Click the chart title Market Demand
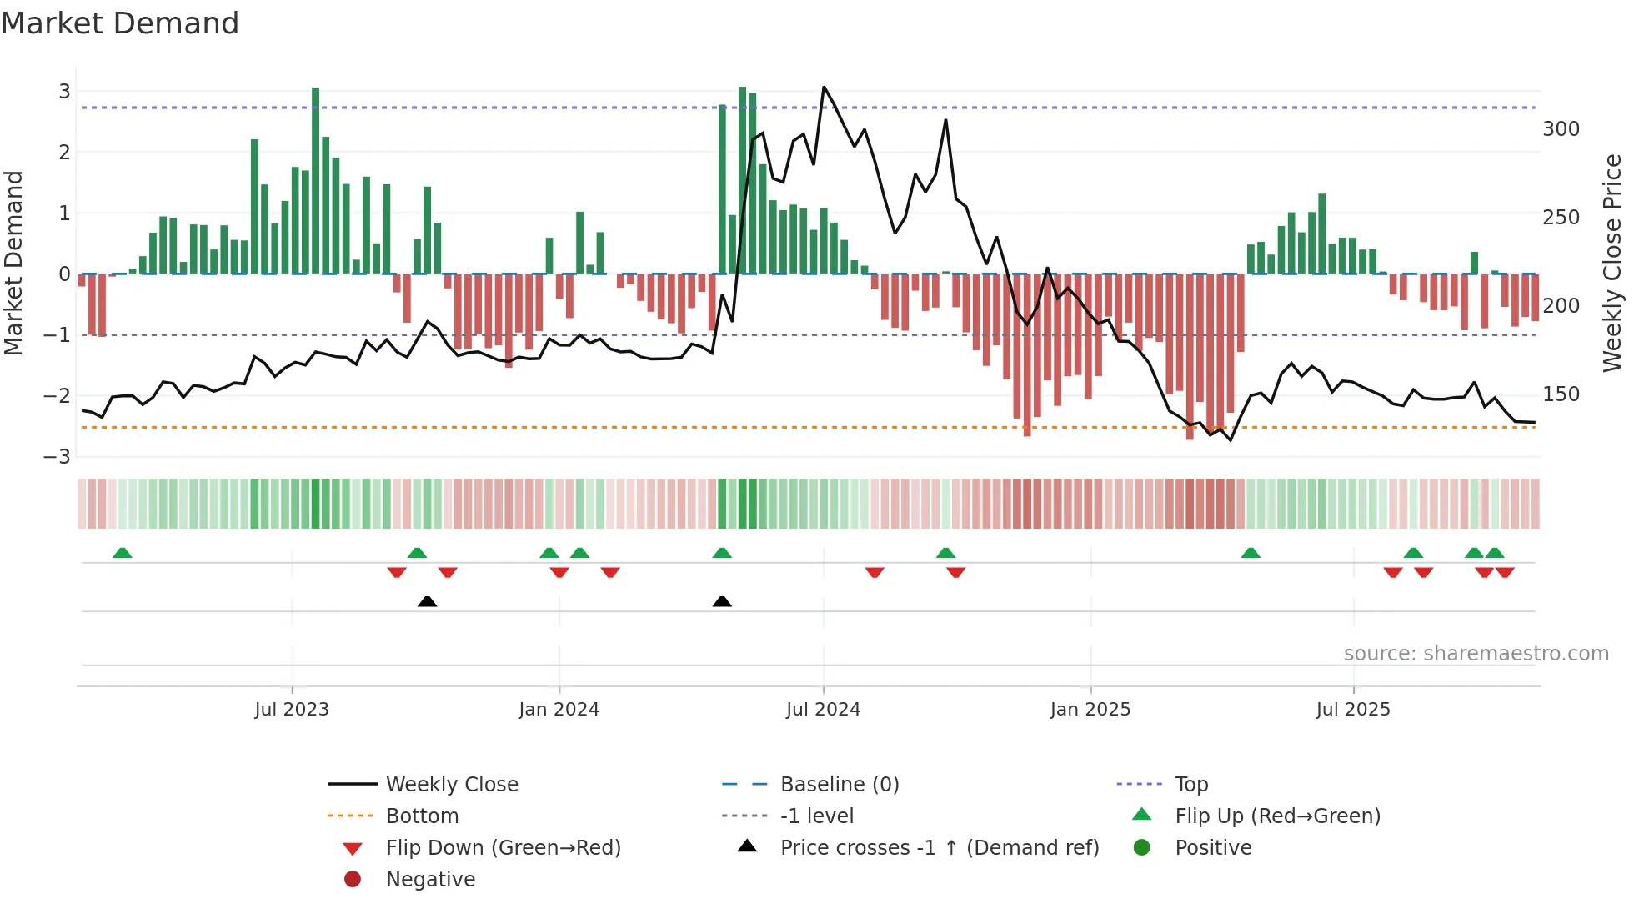coord(120,23)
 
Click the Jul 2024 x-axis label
coord(823,710)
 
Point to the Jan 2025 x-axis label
coord(1090,710)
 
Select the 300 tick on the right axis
coord(1561,129)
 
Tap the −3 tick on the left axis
coord(58,457)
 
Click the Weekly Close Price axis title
coord(1612,263)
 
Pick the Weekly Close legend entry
coord(451,785)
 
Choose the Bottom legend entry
coord(422,816)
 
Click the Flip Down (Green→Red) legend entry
coord(503,848)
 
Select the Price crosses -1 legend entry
coord(939,848)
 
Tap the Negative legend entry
coord(430,880)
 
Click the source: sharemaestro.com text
coord(1476,654)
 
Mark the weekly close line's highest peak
coord(824,87)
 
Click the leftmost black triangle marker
coord(427,601)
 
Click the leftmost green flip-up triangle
coord(123,553)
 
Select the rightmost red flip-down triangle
coord(1505,572)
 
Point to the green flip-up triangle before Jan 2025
coord(945,553)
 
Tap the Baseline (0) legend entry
coord(839,785)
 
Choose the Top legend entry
coord(1191,785)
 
